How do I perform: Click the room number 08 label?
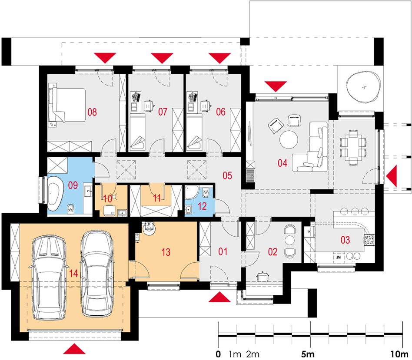click(x=92, y=112)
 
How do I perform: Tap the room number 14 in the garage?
click(x=73, y=273)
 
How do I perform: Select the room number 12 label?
click(x=202, y=206)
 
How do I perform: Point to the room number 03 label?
click(x=345, y=240)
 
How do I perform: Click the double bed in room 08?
click(x=67, y=105)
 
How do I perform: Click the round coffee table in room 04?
click(x=289, y=139)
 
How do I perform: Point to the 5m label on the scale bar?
click(x=308, y=354)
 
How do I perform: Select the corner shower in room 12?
click(x=190, y=192)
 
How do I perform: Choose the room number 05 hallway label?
click(x=227, y=175)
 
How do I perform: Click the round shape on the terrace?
click(x=364, y=87)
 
